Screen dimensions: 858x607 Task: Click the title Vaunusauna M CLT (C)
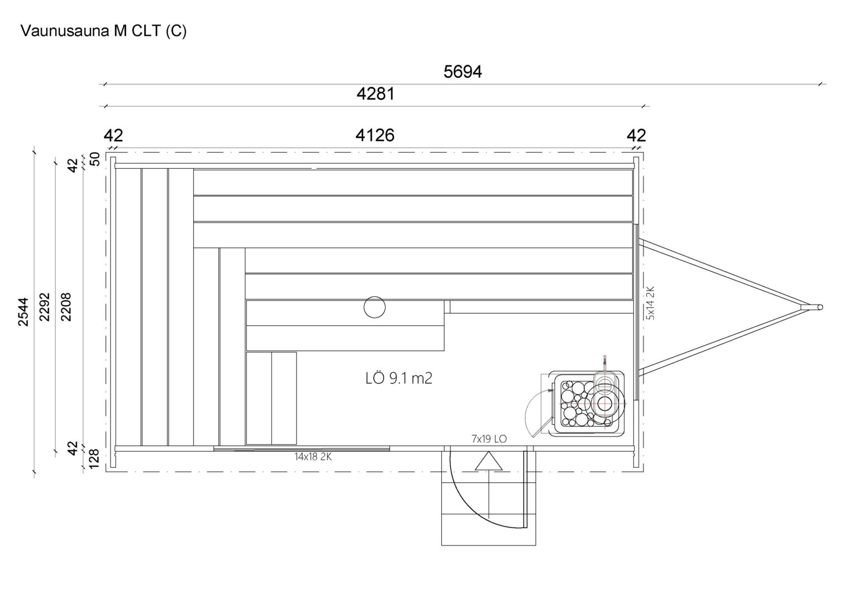click(103, 31)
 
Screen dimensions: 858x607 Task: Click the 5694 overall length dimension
click(463, 72)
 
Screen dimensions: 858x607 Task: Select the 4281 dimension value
click(375, 94)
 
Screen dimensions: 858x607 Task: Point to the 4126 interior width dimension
click(375, 135)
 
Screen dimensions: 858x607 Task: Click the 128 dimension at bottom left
click(94, 458)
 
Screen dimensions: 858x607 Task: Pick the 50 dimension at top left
click(94, 159)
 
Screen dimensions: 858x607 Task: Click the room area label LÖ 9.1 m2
click(399, 378)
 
